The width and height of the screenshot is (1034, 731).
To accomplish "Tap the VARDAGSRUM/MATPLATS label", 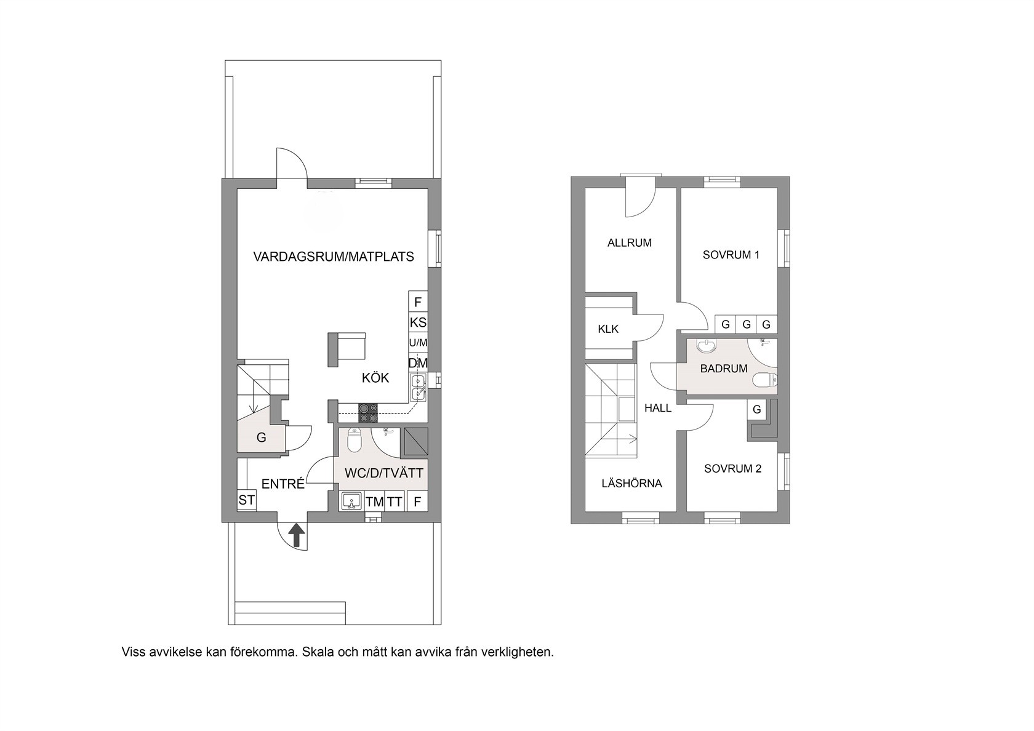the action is (334, 257).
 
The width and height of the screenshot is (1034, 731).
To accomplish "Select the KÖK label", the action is (375, 378).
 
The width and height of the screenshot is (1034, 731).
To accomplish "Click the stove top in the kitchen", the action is (368, 413).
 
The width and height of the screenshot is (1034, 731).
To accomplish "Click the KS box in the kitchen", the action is (419, 322).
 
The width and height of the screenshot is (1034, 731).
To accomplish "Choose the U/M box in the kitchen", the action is (419, 342).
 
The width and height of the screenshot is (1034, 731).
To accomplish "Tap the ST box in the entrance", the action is (246, 500).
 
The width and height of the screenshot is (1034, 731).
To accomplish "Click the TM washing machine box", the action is (375, 501).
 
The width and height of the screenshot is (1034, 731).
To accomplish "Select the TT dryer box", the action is (395, 501).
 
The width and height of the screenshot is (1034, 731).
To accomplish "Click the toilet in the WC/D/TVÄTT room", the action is (354, 441).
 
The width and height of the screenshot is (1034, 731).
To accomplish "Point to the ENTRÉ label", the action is (283, 484).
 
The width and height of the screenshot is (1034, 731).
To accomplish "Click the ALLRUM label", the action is (630, 242).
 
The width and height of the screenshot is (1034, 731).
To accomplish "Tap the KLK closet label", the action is (608, 329).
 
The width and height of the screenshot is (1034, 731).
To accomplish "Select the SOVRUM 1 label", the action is (731, 255).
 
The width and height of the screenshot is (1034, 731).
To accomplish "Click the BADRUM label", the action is (724, 369).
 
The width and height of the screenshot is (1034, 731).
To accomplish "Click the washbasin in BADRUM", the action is (706, 346).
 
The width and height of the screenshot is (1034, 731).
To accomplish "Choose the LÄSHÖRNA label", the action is (631, 484).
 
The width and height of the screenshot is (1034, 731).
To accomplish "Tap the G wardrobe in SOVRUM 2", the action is (756, 409).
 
